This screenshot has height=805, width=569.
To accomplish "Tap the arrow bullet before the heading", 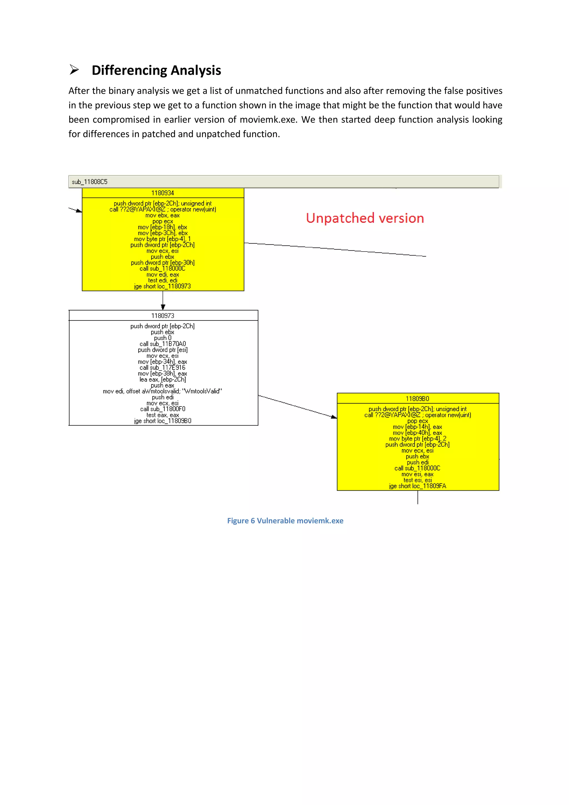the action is coord(74,70).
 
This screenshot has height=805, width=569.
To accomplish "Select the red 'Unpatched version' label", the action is coord(365,218).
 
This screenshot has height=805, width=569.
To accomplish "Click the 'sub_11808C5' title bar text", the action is coord(90,182).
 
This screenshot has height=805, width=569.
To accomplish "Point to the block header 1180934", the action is coord(163,193).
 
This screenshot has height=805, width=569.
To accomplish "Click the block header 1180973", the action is coord(163,315).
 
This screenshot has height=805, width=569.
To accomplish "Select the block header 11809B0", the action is coord(417,399).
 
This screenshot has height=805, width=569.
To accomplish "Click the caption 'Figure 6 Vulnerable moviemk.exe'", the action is coord(285,521).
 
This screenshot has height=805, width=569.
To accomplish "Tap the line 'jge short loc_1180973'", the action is coord(163,286).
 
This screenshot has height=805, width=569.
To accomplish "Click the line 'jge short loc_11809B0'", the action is coord(163,421).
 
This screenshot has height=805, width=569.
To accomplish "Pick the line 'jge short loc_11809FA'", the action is coord(417,486).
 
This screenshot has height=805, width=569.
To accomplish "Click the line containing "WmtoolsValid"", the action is coord(163,391).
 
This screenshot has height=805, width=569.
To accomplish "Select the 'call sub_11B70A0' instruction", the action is coord(163,344).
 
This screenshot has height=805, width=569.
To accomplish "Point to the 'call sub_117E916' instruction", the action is coord(163,367).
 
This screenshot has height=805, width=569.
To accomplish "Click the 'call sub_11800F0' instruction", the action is coord(163,409).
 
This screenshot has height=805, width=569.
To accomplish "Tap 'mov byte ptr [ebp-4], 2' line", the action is coord(417,439).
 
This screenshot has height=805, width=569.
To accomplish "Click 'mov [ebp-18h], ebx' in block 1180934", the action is coord(163,227).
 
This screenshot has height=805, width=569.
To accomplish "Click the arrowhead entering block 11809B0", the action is coord(334,417).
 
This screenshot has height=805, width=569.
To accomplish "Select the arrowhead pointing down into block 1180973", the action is coord(163,307).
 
